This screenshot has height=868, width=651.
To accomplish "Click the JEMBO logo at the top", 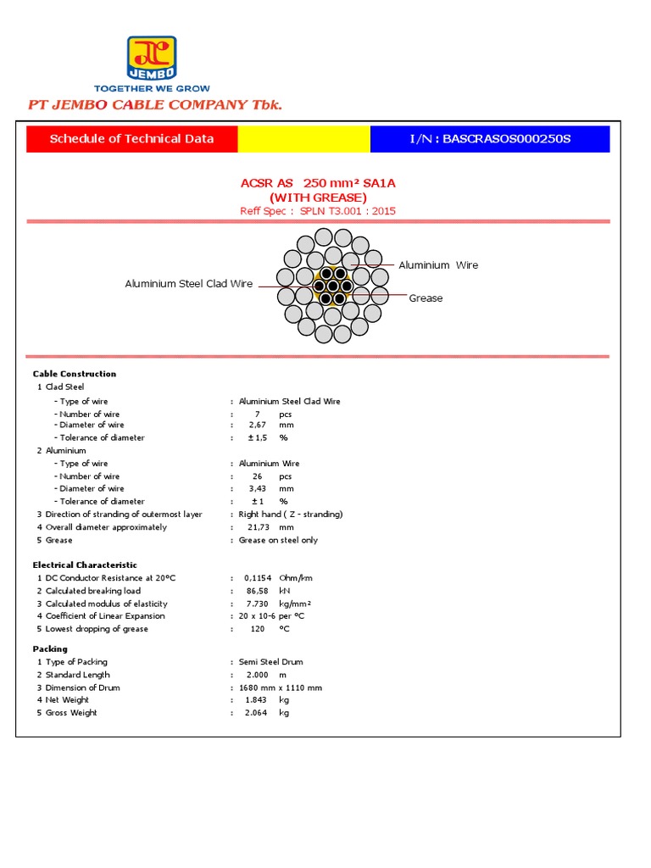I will coord(152,58).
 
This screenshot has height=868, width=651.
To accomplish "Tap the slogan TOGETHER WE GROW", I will coord(152,88).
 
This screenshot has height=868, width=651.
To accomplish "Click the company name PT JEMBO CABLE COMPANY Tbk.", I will coord(155,105).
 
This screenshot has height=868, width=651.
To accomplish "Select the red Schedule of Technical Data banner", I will coord(131,139).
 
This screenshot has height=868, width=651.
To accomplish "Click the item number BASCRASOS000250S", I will coord(490,139).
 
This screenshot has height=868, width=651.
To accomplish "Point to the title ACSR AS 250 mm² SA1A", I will coord(318,184).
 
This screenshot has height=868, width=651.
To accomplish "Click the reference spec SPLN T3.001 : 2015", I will coord(347,211).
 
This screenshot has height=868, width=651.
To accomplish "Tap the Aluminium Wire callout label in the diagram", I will coord(438,265).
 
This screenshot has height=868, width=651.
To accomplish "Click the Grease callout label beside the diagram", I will coord(426,298).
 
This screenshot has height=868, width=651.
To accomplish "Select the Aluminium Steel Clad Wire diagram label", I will coord(189,284).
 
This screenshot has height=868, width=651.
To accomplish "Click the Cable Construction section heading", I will coord(75,374).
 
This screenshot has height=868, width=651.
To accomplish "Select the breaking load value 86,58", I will coord(257,591).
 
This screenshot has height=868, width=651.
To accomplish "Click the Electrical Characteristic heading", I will coord(85,565).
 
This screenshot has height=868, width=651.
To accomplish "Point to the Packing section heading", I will coord(50,648).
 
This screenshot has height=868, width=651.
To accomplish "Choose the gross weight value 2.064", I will coord(256,713).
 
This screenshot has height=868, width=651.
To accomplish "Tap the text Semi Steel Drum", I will coord(270,662).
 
